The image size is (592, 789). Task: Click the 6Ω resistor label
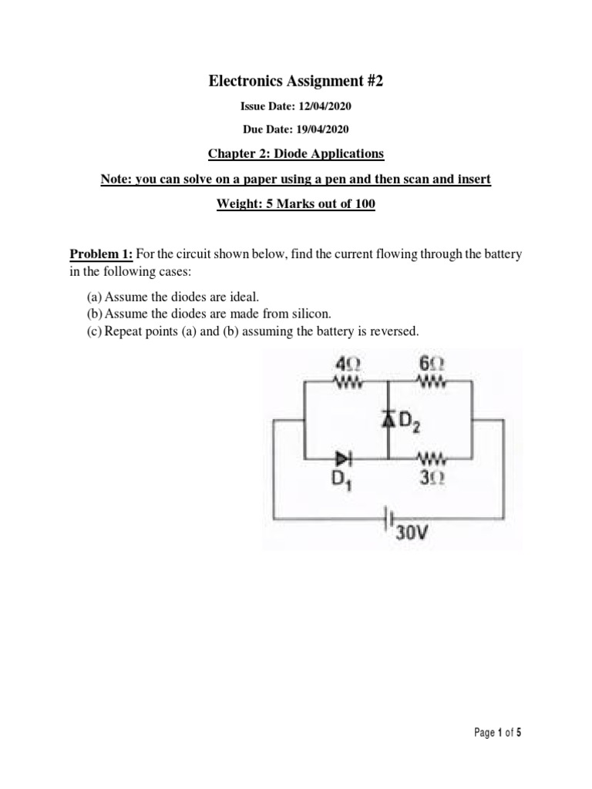point(429,361)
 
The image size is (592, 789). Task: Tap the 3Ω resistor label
point(429,478)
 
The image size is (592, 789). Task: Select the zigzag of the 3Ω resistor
point(429,460)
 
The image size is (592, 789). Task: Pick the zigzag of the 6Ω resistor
point(429,379)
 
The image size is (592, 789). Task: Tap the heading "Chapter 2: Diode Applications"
point(296,153)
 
